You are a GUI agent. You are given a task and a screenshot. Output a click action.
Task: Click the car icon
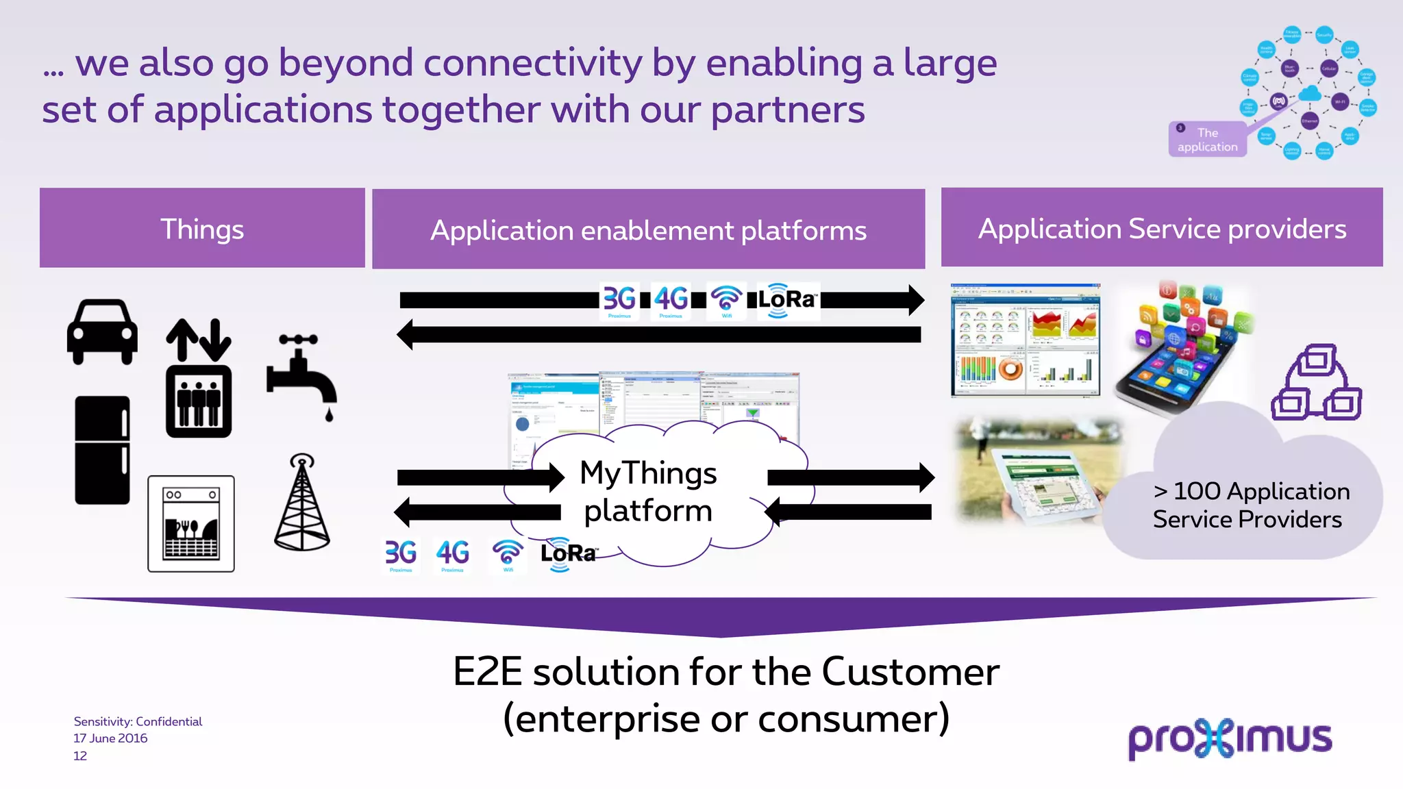point(102,332)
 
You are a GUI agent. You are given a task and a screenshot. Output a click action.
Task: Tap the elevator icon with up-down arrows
point(199,378)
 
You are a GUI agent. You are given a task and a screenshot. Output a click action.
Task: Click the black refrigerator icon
point(102,450)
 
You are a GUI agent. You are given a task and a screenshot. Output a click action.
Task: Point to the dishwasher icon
point(191,524)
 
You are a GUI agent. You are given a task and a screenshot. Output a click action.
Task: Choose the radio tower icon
point(302,503)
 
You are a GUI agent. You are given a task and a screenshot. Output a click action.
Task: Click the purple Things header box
point(202,228)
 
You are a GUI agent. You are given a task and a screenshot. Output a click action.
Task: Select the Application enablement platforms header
point(648,229)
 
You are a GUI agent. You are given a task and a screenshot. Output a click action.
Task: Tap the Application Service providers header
point(1162,228)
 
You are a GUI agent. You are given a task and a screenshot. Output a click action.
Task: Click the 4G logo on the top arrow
point(671,300)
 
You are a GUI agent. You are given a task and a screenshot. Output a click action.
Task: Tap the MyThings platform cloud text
point(648,492)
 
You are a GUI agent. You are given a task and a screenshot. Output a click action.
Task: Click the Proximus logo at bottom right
point(1230,738)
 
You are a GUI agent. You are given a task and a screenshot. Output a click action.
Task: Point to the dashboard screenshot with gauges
point(1026,340)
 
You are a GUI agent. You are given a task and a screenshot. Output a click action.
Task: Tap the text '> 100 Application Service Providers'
point(1250,505)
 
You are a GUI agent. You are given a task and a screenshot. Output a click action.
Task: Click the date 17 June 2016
point(110,738)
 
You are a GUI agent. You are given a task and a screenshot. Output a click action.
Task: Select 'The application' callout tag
point(1207,140)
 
